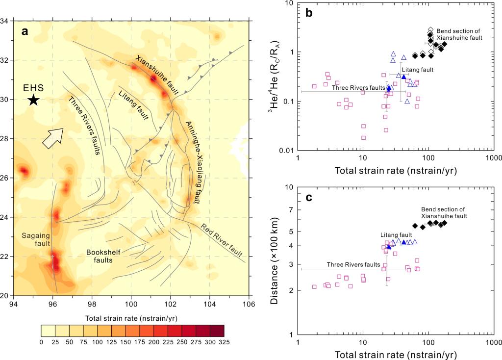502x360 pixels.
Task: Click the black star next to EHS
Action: point(33,100)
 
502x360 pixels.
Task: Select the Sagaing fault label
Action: point(34,240)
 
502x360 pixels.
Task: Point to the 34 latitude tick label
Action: point(7,21)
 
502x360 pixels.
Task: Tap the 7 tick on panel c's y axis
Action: point(291,209)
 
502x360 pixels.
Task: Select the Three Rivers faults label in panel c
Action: point(353,264)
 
